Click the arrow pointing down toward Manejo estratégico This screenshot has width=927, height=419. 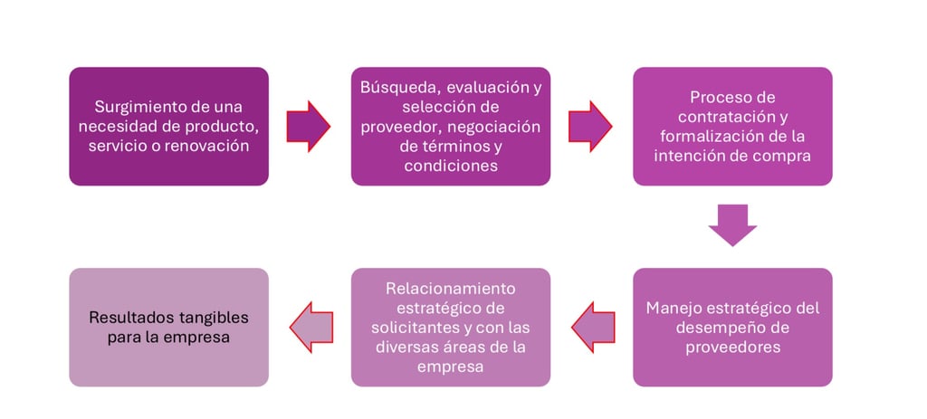pyautogui.click(x=732, y=225)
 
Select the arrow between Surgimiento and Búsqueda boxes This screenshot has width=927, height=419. pyautogui.click(x=308, y=126)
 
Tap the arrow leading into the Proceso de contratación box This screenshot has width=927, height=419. pyautogui.click(x=590, y=126)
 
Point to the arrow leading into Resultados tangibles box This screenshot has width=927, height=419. pyautogui.click(x=310, y=327)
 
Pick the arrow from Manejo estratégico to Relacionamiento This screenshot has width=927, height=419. pyautogui.click(x=592, y=327)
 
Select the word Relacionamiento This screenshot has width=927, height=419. pyautogui.click(x=450, y=289)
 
